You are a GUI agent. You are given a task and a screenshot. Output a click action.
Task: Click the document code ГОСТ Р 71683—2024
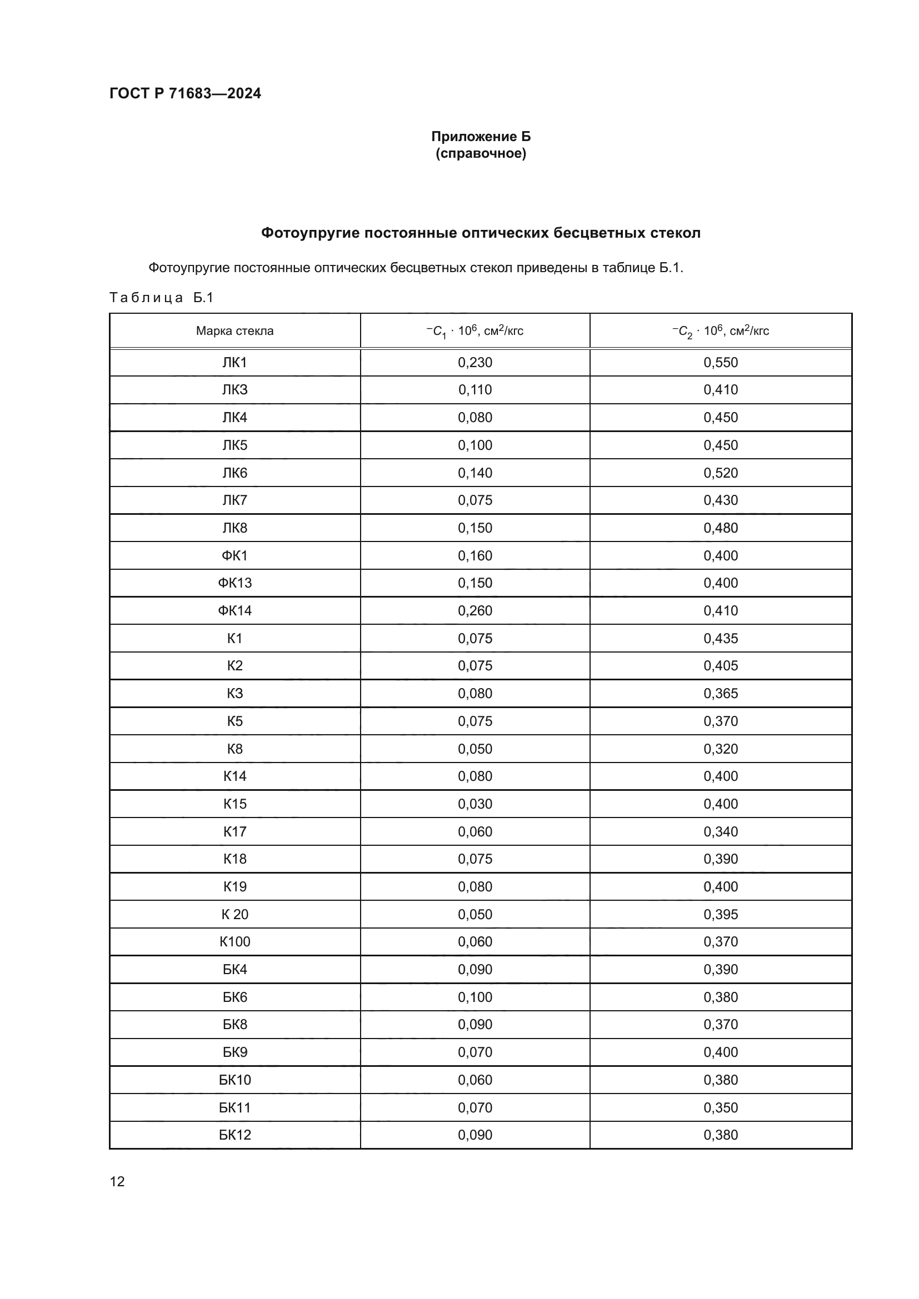[185, 93]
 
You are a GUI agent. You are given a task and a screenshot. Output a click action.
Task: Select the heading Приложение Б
[481, 137]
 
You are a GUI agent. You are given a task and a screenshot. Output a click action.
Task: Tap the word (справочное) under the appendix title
[481, 153]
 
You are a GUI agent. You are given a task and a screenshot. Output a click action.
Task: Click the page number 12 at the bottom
[117, 1181]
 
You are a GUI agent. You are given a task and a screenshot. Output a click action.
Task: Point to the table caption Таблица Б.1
[161, 298]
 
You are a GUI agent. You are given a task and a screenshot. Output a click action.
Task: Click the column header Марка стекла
[235, 331]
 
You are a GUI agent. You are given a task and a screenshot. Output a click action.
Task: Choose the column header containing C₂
[721, 331]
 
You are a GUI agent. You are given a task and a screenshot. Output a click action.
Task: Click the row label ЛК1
[235, 363]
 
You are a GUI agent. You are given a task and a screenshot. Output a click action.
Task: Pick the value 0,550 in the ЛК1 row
[721, 363]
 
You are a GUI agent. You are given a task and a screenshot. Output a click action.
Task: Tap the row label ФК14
[235, 611]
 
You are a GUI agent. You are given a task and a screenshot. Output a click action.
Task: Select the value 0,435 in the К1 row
[721, 639]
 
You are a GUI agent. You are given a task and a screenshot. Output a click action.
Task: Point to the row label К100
[235, 942]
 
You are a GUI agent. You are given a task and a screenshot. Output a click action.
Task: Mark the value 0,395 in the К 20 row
[721, 914]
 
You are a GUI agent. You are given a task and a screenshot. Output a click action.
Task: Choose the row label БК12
[235, 1135]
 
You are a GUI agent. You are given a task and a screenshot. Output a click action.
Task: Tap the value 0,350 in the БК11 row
[721, 1108]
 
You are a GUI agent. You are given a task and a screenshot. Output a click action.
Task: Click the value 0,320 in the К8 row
[721, 749]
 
